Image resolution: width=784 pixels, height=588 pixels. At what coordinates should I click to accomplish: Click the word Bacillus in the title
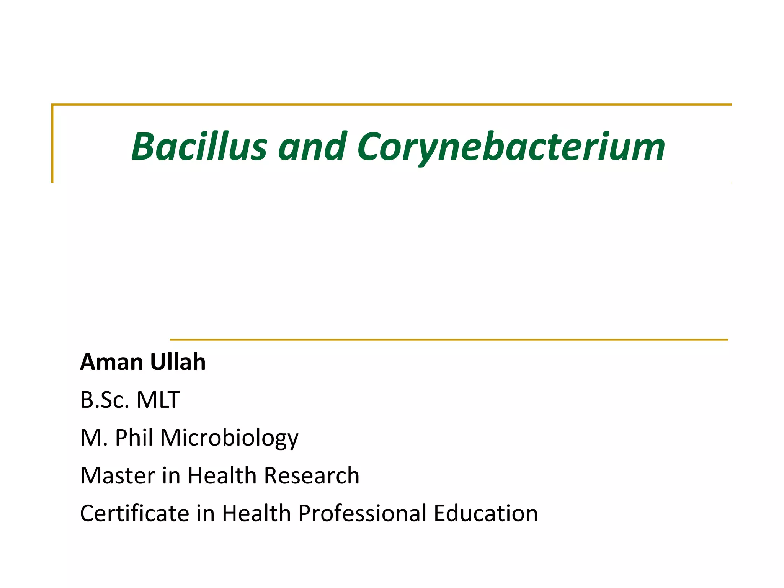pos(199,147)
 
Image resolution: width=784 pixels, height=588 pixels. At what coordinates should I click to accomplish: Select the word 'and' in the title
pos(312,147)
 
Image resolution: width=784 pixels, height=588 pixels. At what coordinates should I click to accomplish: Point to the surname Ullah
pos(178,362)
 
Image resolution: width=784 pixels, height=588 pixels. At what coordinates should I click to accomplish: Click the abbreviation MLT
pos(158,400)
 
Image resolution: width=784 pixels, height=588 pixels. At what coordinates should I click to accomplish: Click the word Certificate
pos(134,513)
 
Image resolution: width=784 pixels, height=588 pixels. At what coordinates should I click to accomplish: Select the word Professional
pos(362,513)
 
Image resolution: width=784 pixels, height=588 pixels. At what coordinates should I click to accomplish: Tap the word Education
pos(486,513)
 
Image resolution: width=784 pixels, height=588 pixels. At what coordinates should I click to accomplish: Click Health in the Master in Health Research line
pos(222,475)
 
